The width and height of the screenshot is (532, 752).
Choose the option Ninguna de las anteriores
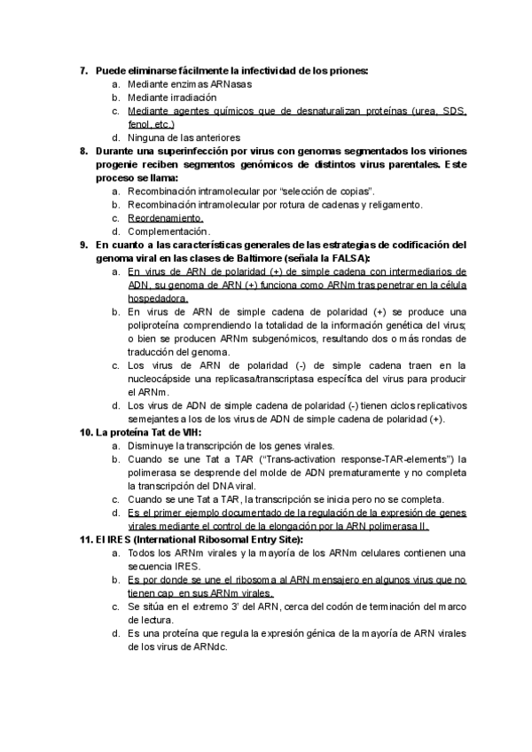pos(184,138)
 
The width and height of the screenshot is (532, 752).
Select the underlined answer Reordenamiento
pos(165,218)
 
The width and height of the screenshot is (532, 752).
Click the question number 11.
pos(85,539)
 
